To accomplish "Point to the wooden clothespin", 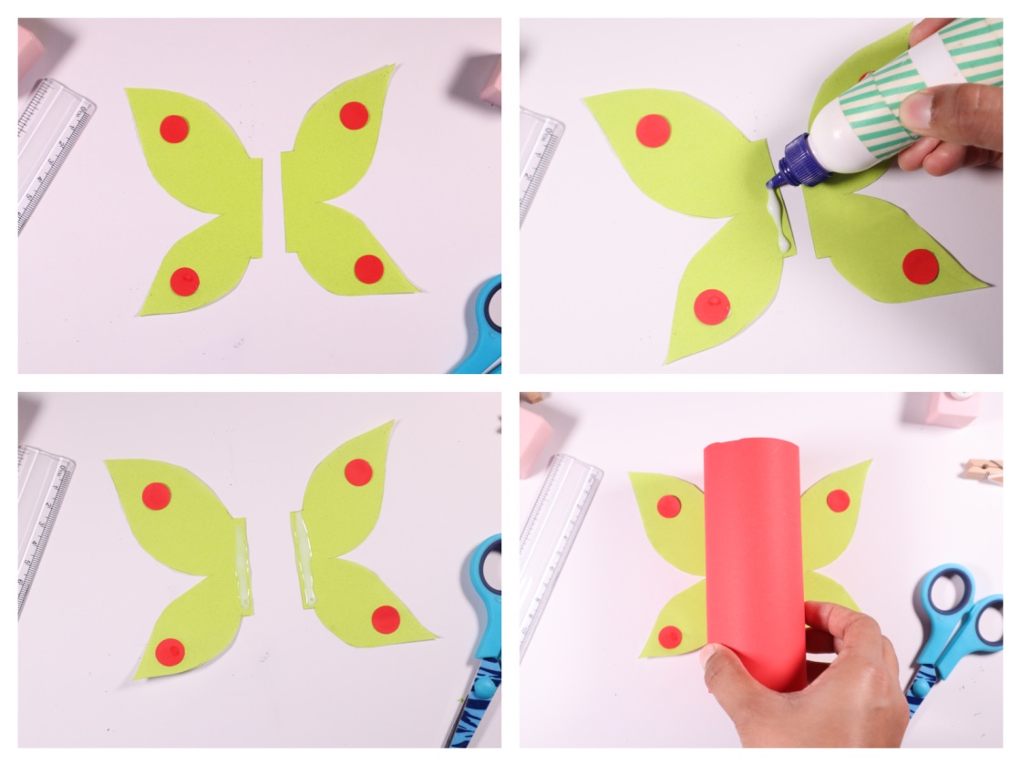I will pyautogui.click(x=985, y=470).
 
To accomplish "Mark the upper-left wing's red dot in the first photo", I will pyautogui.click(x=174, y=129).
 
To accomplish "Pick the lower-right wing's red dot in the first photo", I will pyautogui.click(x=369, y=269).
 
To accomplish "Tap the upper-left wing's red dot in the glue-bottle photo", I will pyautogui.click(x=653, y=130).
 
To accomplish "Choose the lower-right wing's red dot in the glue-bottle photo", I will pyautogui.click(x=921, y=266).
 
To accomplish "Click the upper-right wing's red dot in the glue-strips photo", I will pyautogui.click(x=358, y=471).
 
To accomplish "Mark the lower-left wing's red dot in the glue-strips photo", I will pyautogui.click(x=170, y=651).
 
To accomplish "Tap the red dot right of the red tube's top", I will pyautogui.click(x=838, y=500).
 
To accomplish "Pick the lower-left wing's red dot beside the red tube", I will pyautogui.click(x=670, y=637).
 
